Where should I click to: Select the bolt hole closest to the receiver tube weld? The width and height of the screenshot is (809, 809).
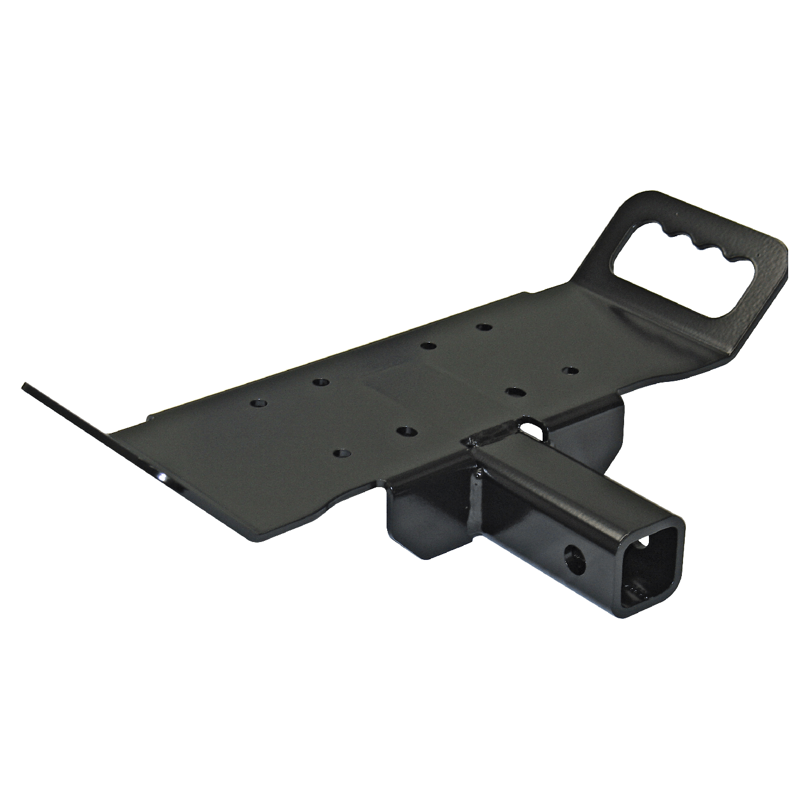(x=513, y=392)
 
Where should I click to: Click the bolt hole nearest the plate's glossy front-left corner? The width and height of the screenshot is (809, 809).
(x=343, y=454)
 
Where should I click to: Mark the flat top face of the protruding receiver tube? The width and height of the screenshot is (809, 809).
(x=572, y=485)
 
